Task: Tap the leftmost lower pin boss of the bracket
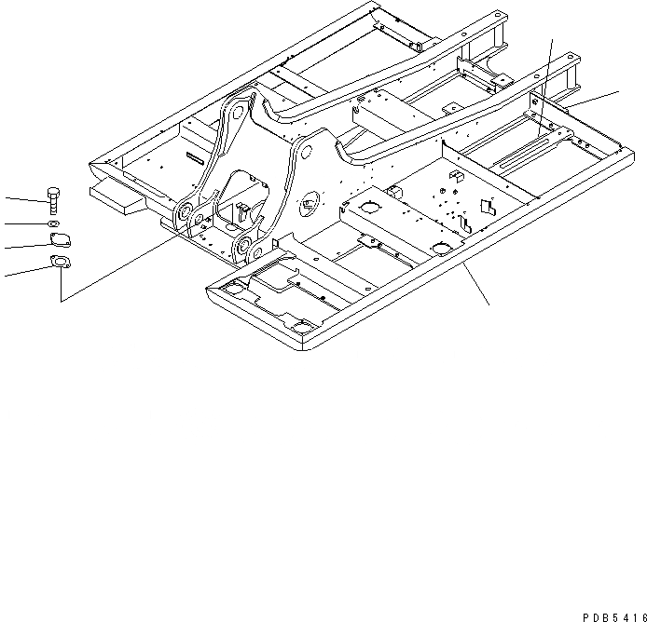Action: coord(185,212)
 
